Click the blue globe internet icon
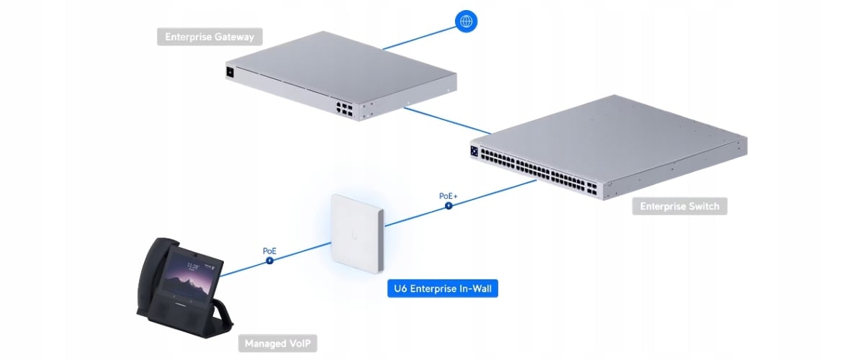click(467, 22)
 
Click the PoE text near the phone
click(269, 251)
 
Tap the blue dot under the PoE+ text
click(449, 205)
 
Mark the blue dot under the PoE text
click(269, 261)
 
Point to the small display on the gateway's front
click(230, 71)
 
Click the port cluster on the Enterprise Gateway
click(343, 107)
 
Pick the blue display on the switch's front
click(474, 151)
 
